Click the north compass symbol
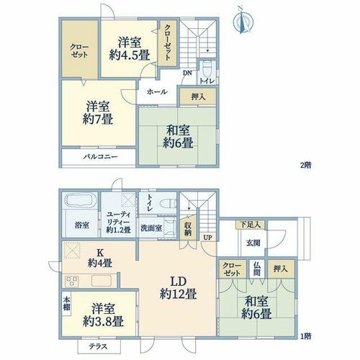pos(243,22)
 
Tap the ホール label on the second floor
pos(157,91)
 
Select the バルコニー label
pos(101,157)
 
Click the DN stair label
pos(187,73)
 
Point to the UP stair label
pos(208,238)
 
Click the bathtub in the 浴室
pos(80,201)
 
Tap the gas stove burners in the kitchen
pos(71,281)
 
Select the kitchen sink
pos(102,281)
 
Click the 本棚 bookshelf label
pos(66,303)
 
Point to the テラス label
pos(98,346)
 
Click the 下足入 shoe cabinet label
pos(251,225)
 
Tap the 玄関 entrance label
pos(253,243)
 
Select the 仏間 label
pos(257,269)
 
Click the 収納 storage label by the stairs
pos(188,229)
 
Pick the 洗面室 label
pos(151,228)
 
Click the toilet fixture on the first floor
pos(168,203)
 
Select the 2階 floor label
pos(306,165)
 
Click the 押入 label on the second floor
pos(198,96)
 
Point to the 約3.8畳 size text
pos(103,321)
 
